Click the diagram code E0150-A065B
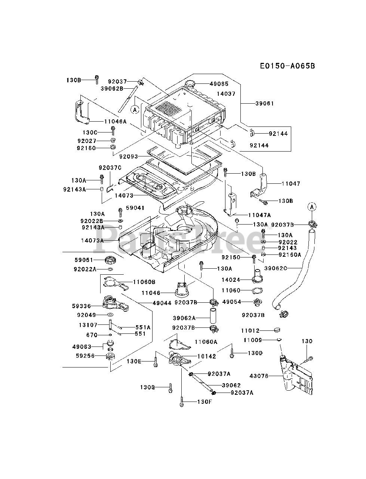pos(287,66)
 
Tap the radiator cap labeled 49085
pos(190,84)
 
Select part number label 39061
pos(264,103)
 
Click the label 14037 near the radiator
pos(226,94)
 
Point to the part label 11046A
pos(115,121)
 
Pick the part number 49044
pos(162,303)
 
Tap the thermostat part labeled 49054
pos(258,302)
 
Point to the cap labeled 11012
pos(277,330)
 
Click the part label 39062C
pos(276,268)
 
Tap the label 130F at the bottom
pos(205,402)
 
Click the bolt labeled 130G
pos(170,388)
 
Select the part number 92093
pos(129,156)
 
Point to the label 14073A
pos(92,241)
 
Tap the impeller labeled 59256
pos(110,356)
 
